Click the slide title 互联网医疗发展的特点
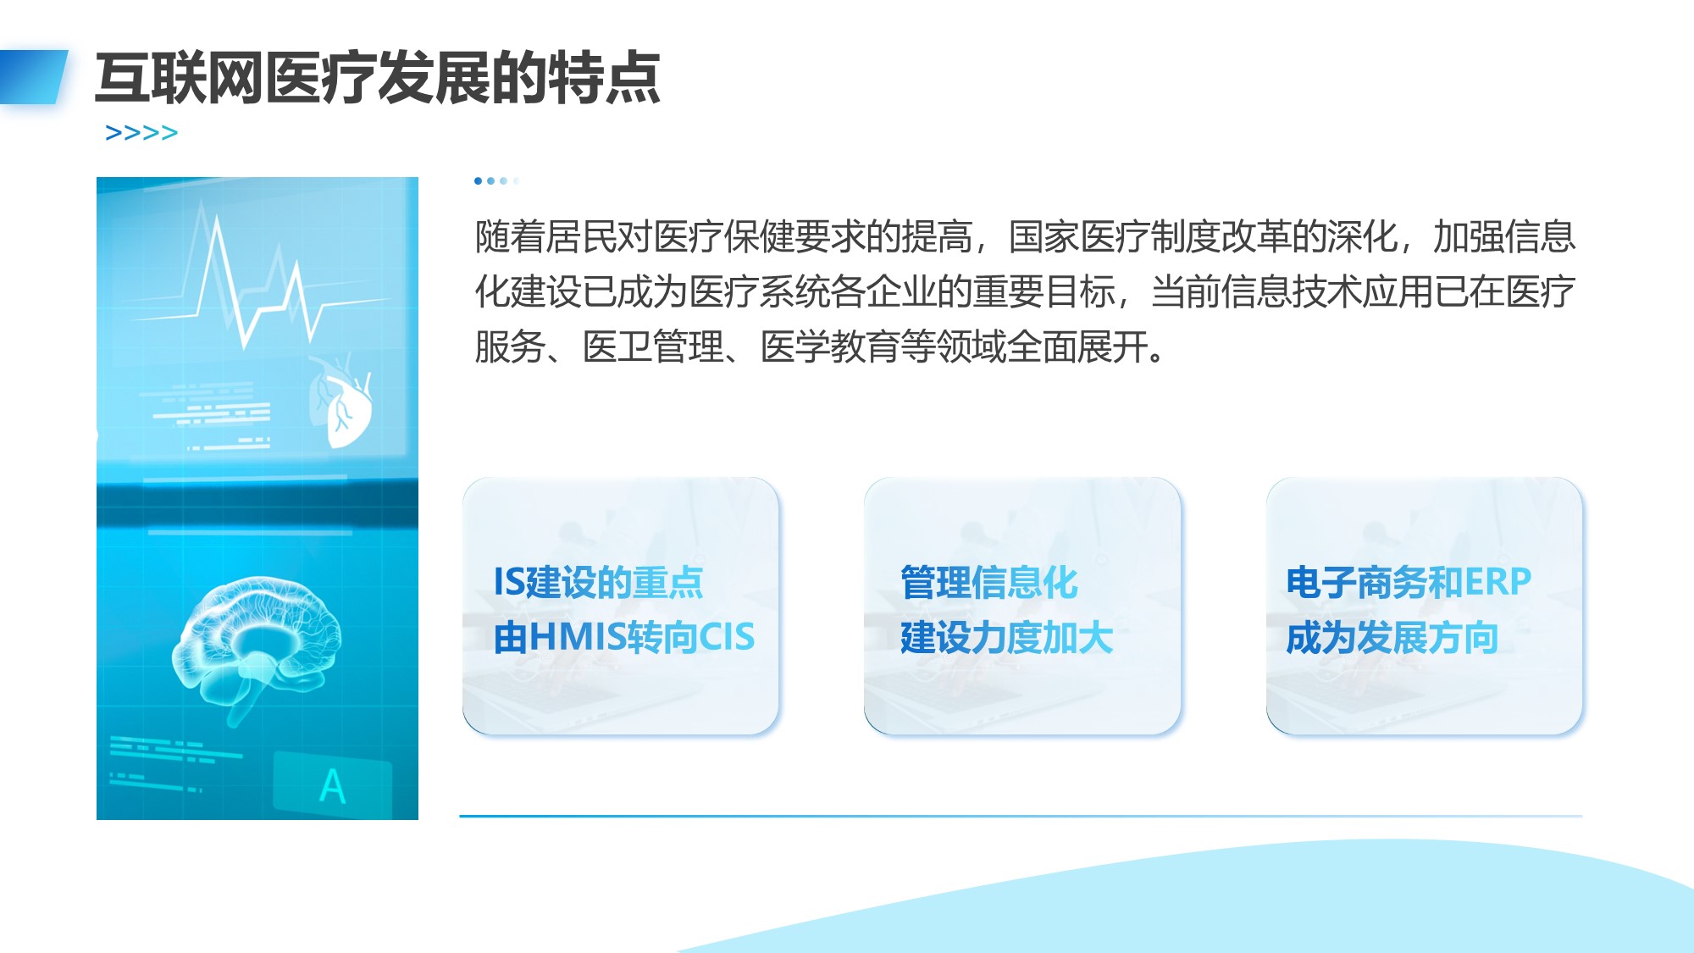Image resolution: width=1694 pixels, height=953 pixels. point(378,78)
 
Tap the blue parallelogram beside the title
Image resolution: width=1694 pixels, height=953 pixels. point(33,77)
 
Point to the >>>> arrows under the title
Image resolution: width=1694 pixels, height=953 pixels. point(141,133)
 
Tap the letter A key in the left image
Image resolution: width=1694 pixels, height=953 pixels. point(333,786)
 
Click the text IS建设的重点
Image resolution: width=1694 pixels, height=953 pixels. point(598,583)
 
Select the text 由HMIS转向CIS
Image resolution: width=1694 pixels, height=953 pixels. point(623,637)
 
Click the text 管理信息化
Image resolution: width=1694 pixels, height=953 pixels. point(988,583)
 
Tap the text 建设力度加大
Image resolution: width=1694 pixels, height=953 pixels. point(1006,637)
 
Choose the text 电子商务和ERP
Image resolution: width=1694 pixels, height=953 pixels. point(1409,583)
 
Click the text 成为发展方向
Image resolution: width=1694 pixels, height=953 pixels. point(1392,637)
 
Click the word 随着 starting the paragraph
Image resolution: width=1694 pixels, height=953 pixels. point(510,236)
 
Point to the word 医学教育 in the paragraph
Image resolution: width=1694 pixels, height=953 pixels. point(830,346)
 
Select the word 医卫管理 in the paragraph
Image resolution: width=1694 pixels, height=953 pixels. point(653,346)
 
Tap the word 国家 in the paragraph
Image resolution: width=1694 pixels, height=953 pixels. point(1044,236)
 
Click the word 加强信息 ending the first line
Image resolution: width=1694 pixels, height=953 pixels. point(1504,236)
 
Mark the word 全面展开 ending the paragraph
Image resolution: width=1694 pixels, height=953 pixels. point(1077,346)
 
